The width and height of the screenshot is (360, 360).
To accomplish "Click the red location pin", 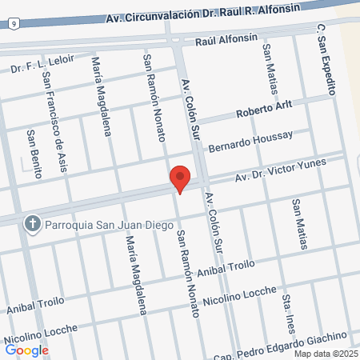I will pyautogui.click(x=180, y=178).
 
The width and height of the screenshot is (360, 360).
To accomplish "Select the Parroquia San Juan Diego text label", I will pyautogui.click(x=109, y=224).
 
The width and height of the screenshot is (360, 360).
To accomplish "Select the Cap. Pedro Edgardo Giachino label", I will pyautogui.click(x=294, y=339).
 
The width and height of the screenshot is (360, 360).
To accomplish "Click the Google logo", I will pyautogui.click(x=27, y=350).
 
